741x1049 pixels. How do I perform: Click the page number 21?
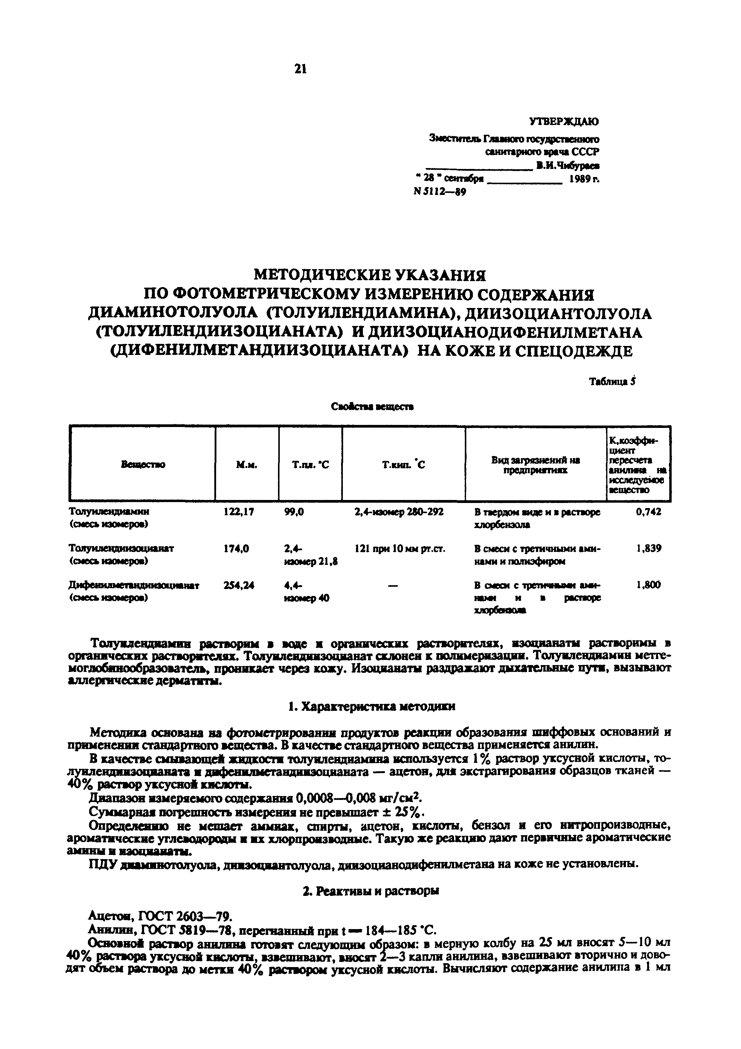pos(300,69)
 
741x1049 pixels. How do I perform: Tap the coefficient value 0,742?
pos(648,512)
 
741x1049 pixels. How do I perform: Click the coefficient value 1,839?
pos(648,548)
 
